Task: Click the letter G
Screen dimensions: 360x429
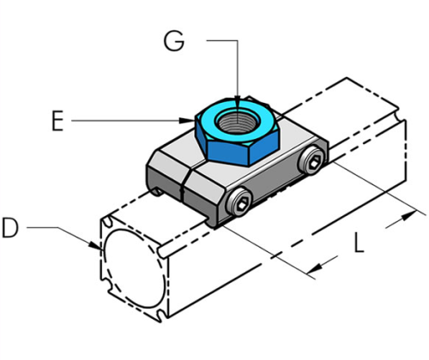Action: (x=174, y=41)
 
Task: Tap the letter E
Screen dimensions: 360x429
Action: (x=57, y=122)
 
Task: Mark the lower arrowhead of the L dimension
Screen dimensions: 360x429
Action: (x=314, y=268)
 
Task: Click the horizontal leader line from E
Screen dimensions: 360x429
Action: (x=129, y=122)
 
